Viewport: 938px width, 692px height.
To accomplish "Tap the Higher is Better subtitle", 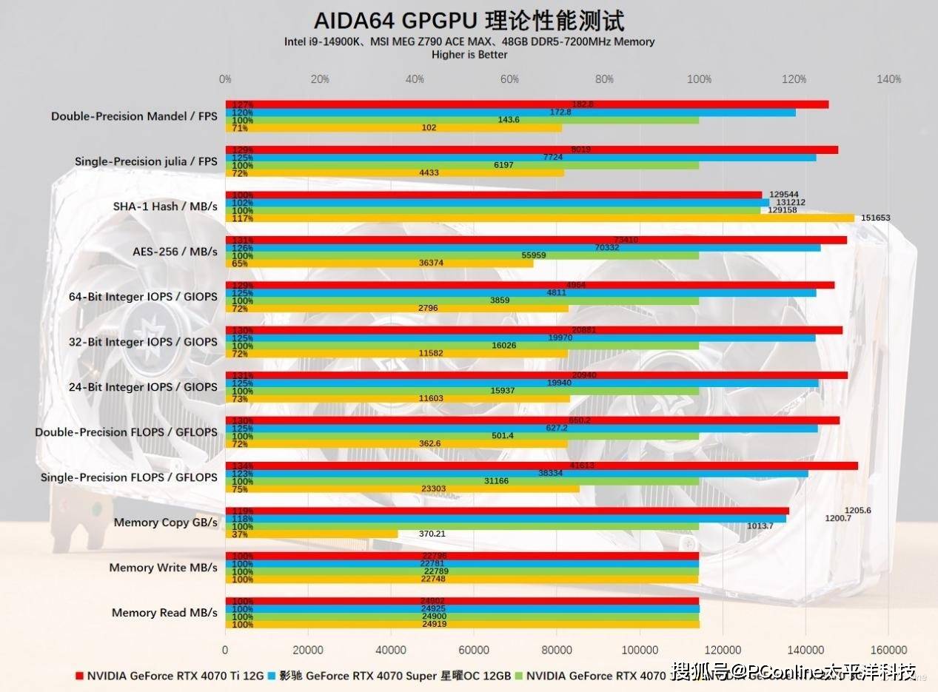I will point(469,54).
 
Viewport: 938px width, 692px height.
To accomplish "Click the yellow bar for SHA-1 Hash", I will point(540,218).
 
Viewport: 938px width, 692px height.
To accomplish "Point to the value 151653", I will point(876,218).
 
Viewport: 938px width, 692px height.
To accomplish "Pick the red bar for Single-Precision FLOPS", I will point(541,466).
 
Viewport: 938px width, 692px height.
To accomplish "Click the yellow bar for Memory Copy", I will point(312,534).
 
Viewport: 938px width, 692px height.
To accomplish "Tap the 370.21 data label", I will point(432,534).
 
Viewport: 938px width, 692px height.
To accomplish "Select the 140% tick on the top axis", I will point(888,79).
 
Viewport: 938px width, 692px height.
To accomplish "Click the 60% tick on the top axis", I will point(509,79).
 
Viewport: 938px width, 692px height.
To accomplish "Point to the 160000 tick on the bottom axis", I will point(888,650).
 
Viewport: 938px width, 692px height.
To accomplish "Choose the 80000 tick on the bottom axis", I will point(557,650).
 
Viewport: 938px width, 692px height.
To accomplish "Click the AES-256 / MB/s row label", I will point(175,252).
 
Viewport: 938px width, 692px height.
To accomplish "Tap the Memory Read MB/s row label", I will point(164,613).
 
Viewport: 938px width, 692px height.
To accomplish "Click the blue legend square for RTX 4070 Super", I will point(272,676).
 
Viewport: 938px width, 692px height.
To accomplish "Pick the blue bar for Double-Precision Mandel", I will point(510,112).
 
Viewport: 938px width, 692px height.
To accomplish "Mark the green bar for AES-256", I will point(462,255).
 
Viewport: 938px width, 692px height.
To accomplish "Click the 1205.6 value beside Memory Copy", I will point(857,511).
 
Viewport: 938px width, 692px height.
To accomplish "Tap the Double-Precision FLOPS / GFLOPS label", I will point(126,432).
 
